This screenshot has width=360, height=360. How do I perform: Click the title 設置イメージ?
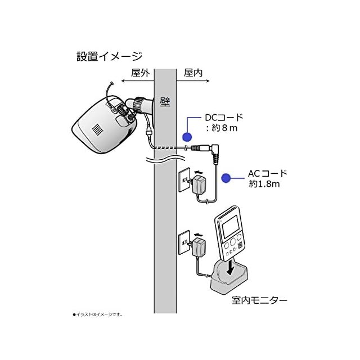(x=109, y=56)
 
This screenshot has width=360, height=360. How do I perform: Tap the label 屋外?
(x=140, y=73)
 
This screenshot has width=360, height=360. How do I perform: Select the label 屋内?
(x=193, y=73)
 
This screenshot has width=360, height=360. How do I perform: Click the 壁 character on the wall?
(x=165, y=102)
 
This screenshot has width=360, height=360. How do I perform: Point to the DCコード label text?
(x=224, y=118)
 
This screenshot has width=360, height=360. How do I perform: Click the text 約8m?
(x=224, y=128)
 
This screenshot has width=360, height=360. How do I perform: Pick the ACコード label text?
(x=268, y=173)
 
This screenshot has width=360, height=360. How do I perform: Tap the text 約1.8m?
(x=264, y=184)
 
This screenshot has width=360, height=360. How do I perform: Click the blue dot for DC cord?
(x=187, y=137)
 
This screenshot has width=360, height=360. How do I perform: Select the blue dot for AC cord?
(x=226, y=178)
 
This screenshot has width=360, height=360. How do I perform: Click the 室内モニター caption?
(x=259, y=300)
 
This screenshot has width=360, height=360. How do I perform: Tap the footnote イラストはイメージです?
(x=97, y=314)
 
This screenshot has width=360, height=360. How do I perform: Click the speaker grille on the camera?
(x=97, y=130)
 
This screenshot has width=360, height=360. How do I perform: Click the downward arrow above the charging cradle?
(x=230, y=268)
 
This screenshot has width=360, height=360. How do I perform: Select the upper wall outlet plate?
(x=184, y=180)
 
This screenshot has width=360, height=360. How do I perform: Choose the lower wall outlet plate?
(x=184, y=242)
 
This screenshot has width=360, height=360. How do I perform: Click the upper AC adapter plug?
(x=198, y=185)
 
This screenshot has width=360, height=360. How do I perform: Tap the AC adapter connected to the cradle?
(x=198, y=247)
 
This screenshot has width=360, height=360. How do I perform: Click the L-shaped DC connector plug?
(x=215, y=154)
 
